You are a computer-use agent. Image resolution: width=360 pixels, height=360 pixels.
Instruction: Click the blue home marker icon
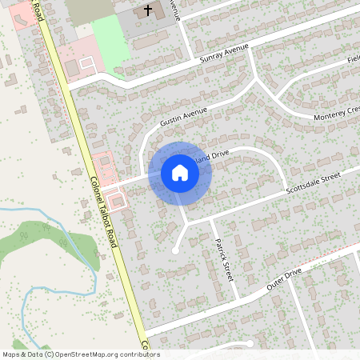tap(180, 172)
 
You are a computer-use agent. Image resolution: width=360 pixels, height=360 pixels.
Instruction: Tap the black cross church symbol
tap(146, 10)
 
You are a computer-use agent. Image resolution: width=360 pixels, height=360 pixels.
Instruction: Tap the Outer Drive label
tap(283, 278)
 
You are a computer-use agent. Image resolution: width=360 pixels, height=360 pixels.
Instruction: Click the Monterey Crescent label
tap(324, 114)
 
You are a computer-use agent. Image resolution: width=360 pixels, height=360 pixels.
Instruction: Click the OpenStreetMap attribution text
tap(81, 354)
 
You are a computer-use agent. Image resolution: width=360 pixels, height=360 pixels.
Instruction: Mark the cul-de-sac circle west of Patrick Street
tap(175, 250)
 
